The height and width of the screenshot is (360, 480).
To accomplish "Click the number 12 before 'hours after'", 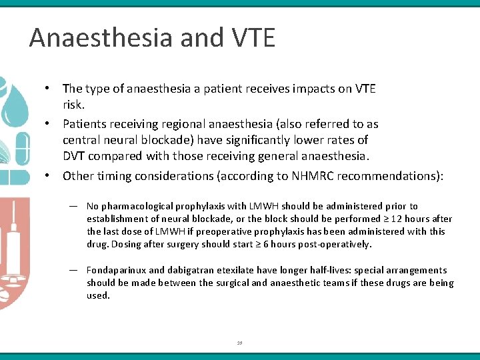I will click(x=397, y=219).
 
